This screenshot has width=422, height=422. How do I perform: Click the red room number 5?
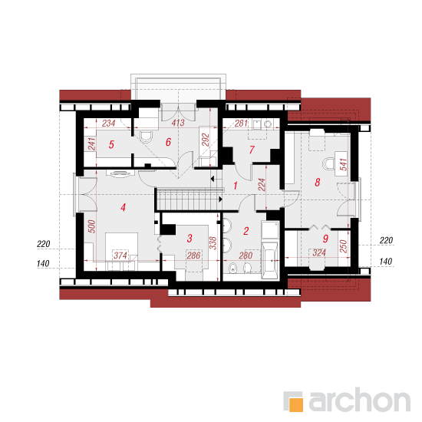(111, 144)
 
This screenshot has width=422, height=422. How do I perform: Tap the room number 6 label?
(168, 142)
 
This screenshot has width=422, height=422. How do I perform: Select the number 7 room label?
(252, 150)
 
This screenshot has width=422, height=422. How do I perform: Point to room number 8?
(318, 182)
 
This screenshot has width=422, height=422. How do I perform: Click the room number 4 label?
(123, 207)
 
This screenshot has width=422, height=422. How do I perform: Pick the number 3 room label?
(190, 238)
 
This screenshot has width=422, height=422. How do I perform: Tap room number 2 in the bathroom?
(246, 231)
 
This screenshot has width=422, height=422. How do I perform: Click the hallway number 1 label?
(236, 186)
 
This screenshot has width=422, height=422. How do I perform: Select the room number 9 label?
(325, 238)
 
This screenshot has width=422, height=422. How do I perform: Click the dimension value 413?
(178, 123)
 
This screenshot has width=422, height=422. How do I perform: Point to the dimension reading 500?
(92, 226)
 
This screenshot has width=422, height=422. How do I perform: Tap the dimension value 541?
(344, 164)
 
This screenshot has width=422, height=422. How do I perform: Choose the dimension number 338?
(213, 243)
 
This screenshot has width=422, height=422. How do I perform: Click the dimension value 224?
(262, 185)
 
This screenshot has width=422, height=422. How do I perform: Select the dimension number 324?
(319, 252)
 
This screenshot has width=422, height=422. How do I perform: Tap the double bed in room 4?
(122, 252)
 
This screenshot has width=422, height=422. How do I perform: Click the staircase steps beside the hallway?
(189, 199)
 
